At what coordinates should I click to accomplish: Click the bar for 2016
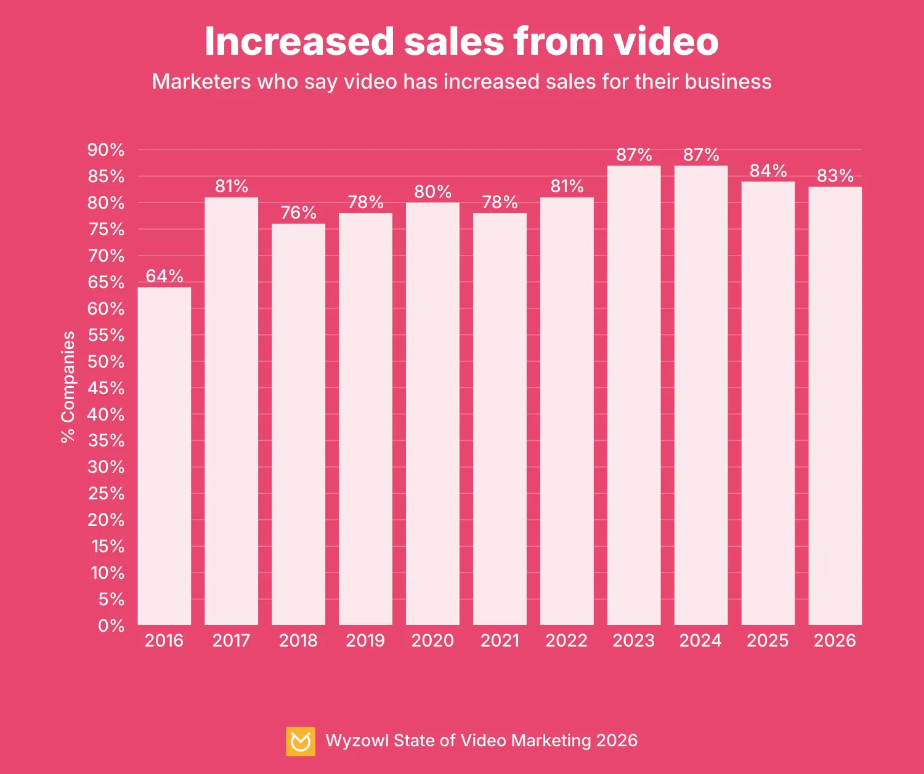[164, 456]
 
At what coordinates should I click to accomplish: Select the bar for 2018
[298, 425]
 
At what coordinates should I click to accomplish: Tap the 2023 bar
[634, 394]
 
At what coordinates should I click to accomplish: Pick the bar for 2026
[835, 406]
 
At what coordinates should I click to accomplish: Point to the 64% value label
[164, 276]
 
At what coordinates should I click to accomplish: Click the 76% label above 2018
[298, 212]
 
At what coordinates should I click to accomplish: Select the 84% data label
[768, 171]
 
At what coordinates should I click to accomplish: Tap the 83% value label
[835, 176]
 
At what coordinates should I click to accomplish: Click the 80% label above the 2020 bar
[432, 191]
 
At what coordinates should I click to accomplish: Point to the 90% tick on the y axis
[106, 150]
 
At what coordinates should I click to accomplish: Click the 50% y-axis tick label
[106, 361]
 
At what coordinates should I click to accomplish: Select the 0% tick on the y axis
[111, 626]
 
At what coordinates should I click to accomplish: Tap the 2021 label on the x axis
[500, 640]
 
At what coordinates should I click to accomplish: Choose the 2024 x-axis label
[700, 640]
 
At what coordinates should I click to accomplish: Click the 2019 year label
[365, 640]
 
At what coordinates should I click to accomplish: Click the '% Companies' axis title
[68, 387]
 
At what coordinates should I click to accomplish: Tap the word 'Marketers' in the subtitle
[201, 82]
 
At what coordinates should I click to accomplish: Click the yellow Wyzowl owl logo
[301, 741]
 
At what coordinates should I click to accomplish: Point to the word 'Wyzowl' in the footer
[357, 740]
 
